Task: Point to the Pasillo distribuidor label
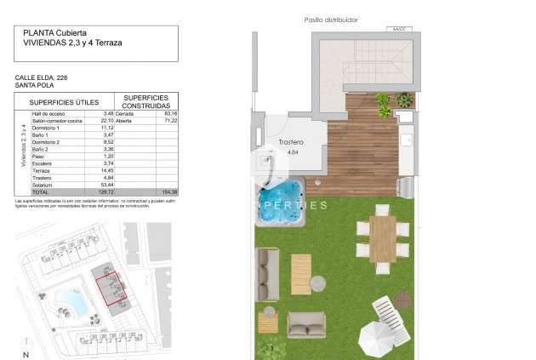[x=330, y=19]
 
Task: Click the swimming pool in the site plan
[x=69, y=300]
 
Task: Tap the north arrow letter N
[x=26, y=353]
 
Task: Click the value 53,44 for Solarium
[x=107, y=185]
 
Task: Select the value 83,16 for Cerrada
[x=171, y=113]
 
